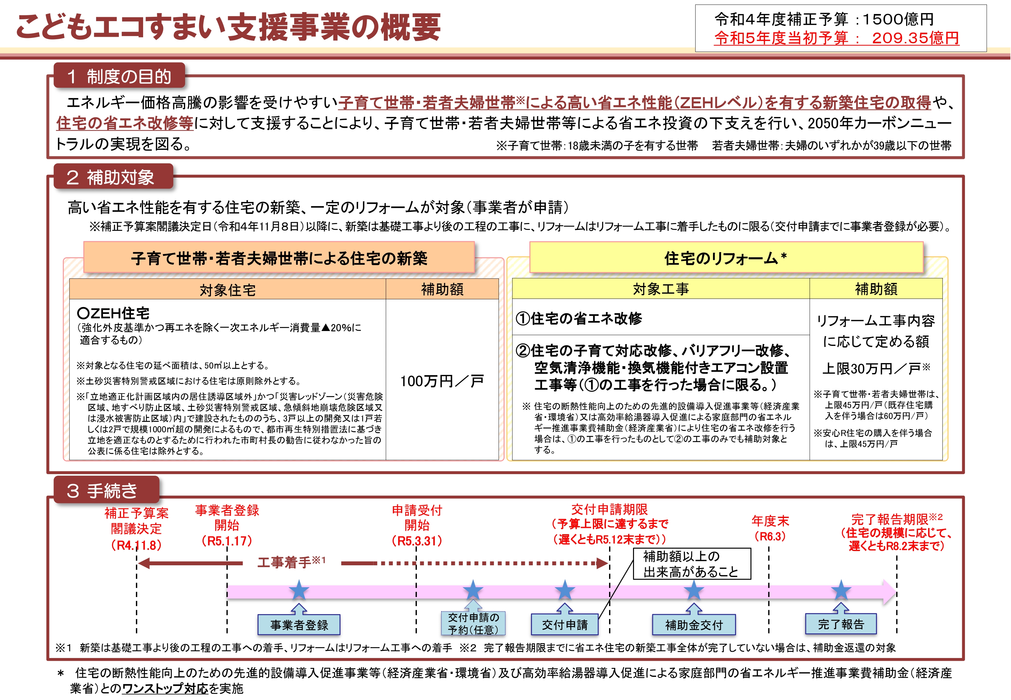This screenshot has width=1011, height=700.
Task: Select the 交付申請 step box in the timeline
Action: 565,625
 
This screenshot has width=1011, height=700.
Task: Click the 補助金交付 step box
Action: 694,625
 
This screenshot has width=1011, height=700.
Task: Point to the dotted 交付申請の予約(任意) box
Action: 473,623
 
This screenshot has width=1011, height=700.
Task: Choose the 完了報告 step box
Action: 841,624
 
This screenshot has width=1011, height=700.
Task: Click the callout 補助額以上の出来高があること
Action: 692,564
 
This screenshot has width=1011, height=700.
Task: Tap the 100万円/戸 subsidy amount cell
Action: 442,380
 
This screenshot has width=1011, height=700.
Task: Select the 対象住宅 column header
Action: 227,289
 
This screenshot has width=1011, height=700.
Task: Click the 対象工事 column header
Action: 661,289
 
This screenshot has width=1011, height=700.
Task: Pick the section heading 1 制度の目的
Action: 119,76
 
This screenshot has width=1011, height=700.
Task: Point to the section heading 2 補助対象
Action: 113,177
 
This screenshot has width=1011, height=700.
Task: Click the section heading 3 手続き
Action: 106,490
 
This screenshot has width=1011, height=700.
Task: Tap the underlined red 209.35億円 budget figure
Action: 915,38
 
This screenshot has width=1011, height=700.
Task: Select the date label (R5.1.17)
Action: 227,541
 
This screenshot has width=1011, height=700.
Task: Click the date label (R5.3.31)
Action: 417,541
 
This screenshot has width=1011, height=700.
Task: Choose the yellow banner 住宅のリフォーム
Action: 726,258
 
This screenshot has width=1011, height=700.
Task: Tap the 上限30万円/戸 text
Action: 876,368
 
